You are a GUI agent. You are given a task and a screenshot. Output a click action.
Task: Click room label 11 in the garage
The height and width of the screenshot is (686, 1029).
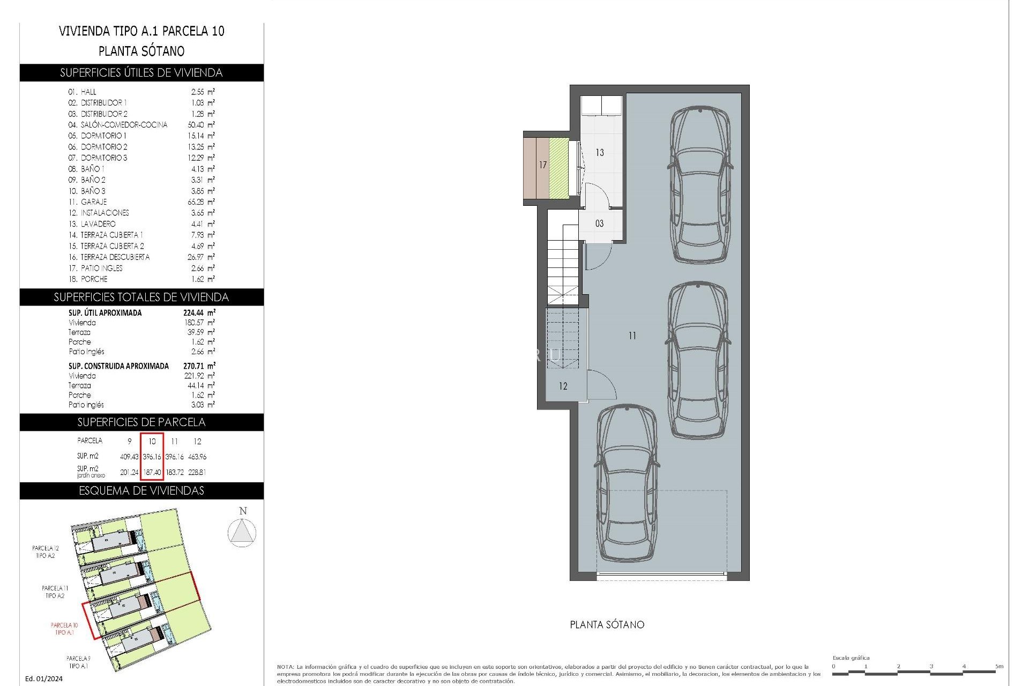(632, 336)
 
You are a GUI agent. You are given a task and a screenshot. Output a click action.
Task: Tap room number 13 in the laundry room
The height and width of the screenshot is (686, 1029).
(600, 153)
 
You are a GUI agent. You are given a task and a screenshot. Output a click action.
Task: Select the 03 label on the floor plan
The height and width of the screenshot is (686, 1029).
(599, 223)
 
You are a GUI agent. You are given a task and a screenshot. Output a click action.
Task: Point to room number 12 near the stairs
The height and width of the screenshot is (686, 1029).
(563, 386)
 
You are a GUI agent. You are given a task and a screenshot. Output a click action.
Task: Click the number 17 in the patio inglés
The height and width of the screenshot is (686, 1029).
(543, 165)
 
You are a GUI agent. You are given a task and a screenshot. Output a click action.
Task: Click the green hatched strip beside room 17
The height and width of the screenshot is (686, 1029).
(558, 167)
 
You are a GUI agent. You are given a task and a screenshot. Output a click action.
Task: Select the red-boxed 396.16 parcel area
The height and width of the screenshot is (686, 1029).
(152, 457)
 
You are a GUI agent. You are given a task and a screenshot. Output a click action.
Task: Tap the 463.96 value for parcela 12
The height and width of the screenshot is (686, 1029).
(197, 457)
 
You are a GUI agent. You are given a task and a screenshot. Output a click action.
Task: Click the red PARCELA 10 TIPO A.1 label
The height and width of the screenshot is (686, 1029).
(64, 629)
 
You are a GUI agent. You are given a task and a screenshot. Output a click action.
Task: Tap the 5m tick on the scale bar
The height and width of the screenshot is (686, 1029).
(999, 667)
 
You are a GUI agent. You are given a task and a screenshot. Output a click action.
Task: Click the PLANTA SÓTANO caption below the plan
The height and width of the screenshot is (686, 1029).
(607, 624)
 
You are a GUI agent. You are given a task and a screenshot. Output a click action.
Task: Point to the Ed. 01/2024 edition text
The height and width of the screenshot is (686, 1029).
(44, 678)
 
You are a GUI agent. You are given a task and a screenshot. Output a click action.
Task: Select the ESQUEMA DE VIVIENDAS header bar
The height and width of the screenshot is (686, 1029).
(141, 491)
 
